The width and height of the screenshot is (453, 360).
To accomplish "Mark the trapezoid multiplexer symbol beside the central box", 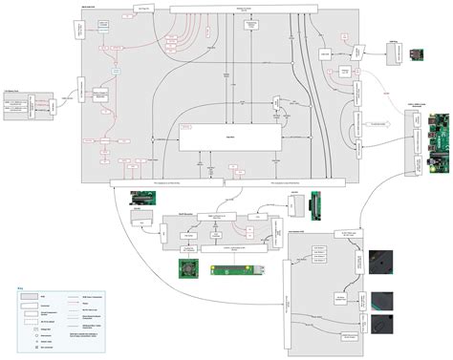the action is point(273,102).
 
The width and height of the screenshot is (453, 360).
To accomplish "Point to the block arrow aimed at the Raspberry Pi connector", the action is point(383,123).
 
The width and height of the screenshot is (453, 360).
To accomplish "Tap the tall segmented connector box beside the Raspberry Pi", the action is point(416,141).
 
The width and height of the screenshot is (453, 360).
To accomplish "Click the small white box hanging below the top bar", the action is point(142,7).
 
